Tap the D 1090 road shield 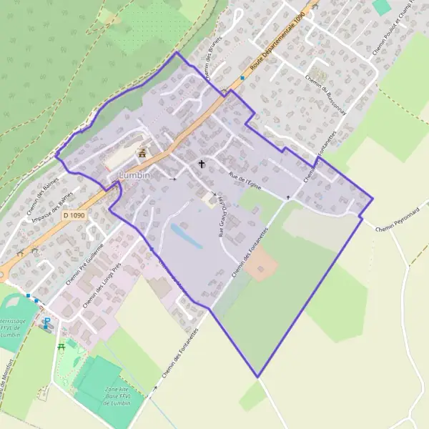(x=74, y=214)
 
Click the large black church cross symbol (x=202, y=164)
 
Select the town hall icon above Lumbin (x=142, y=152)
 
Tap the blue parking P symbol (x=47, y=322)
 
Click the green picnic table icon (x=61, y=346)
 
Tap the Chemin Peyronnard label (x=394, y=226)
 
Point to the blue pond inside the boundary (x=186, y=235)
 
